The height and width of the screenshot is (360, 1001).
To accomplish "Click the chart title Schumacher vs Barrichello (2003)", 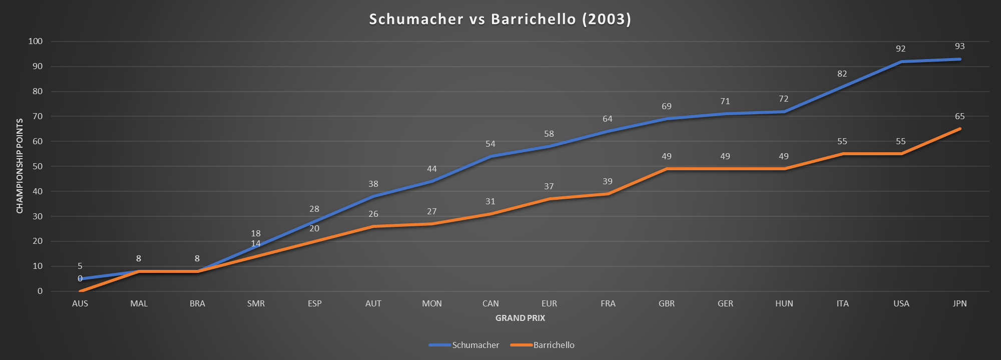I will point(500,19).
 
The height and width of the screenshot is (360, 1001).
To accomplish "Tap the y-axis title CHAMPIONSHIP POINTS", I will point(20,166).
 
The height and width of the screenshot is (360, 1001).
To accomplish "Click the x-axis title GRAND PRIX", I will point(520,318).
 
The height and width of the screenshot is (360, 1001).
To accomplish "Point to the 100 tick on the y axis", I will point(36,41).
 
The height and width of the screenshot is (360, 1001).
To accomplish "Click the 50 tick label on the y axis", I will point(38,166).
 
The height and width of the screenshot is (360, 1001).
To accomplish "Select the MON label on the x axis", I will point(432,303).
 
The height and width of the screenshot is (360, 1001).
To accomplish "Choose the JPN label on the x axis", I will point(959,303).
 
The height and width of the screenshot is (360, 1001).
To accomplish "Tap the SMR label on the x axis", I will point(256,303).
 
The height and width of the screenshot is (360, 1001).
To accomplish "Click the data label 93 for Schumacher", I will point(959,46).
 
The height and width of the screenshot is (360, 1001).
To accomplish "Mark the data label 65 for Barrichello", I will point(959,116).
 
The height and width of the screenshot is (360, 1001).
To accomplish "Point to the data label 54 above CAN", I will point(490,144).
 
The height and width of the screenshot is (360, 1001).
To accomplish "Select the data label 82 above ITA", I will point(842,74).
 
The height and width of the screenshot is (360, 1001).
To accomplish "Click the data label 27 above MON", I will point(432,211).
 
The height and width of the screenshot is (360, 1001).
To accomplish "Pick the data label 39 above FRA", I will point(608,181).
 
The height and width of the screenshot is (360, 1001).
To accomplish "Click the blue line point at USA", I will point(901,62).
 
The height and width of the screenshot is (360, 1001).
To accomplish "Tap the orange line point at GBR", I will point(667,169).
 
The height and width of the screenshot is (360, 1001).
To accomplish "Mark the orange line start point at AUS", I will point(80,291).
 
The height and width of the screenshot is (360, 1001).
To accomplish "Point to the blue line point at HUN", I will point(784,112).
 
